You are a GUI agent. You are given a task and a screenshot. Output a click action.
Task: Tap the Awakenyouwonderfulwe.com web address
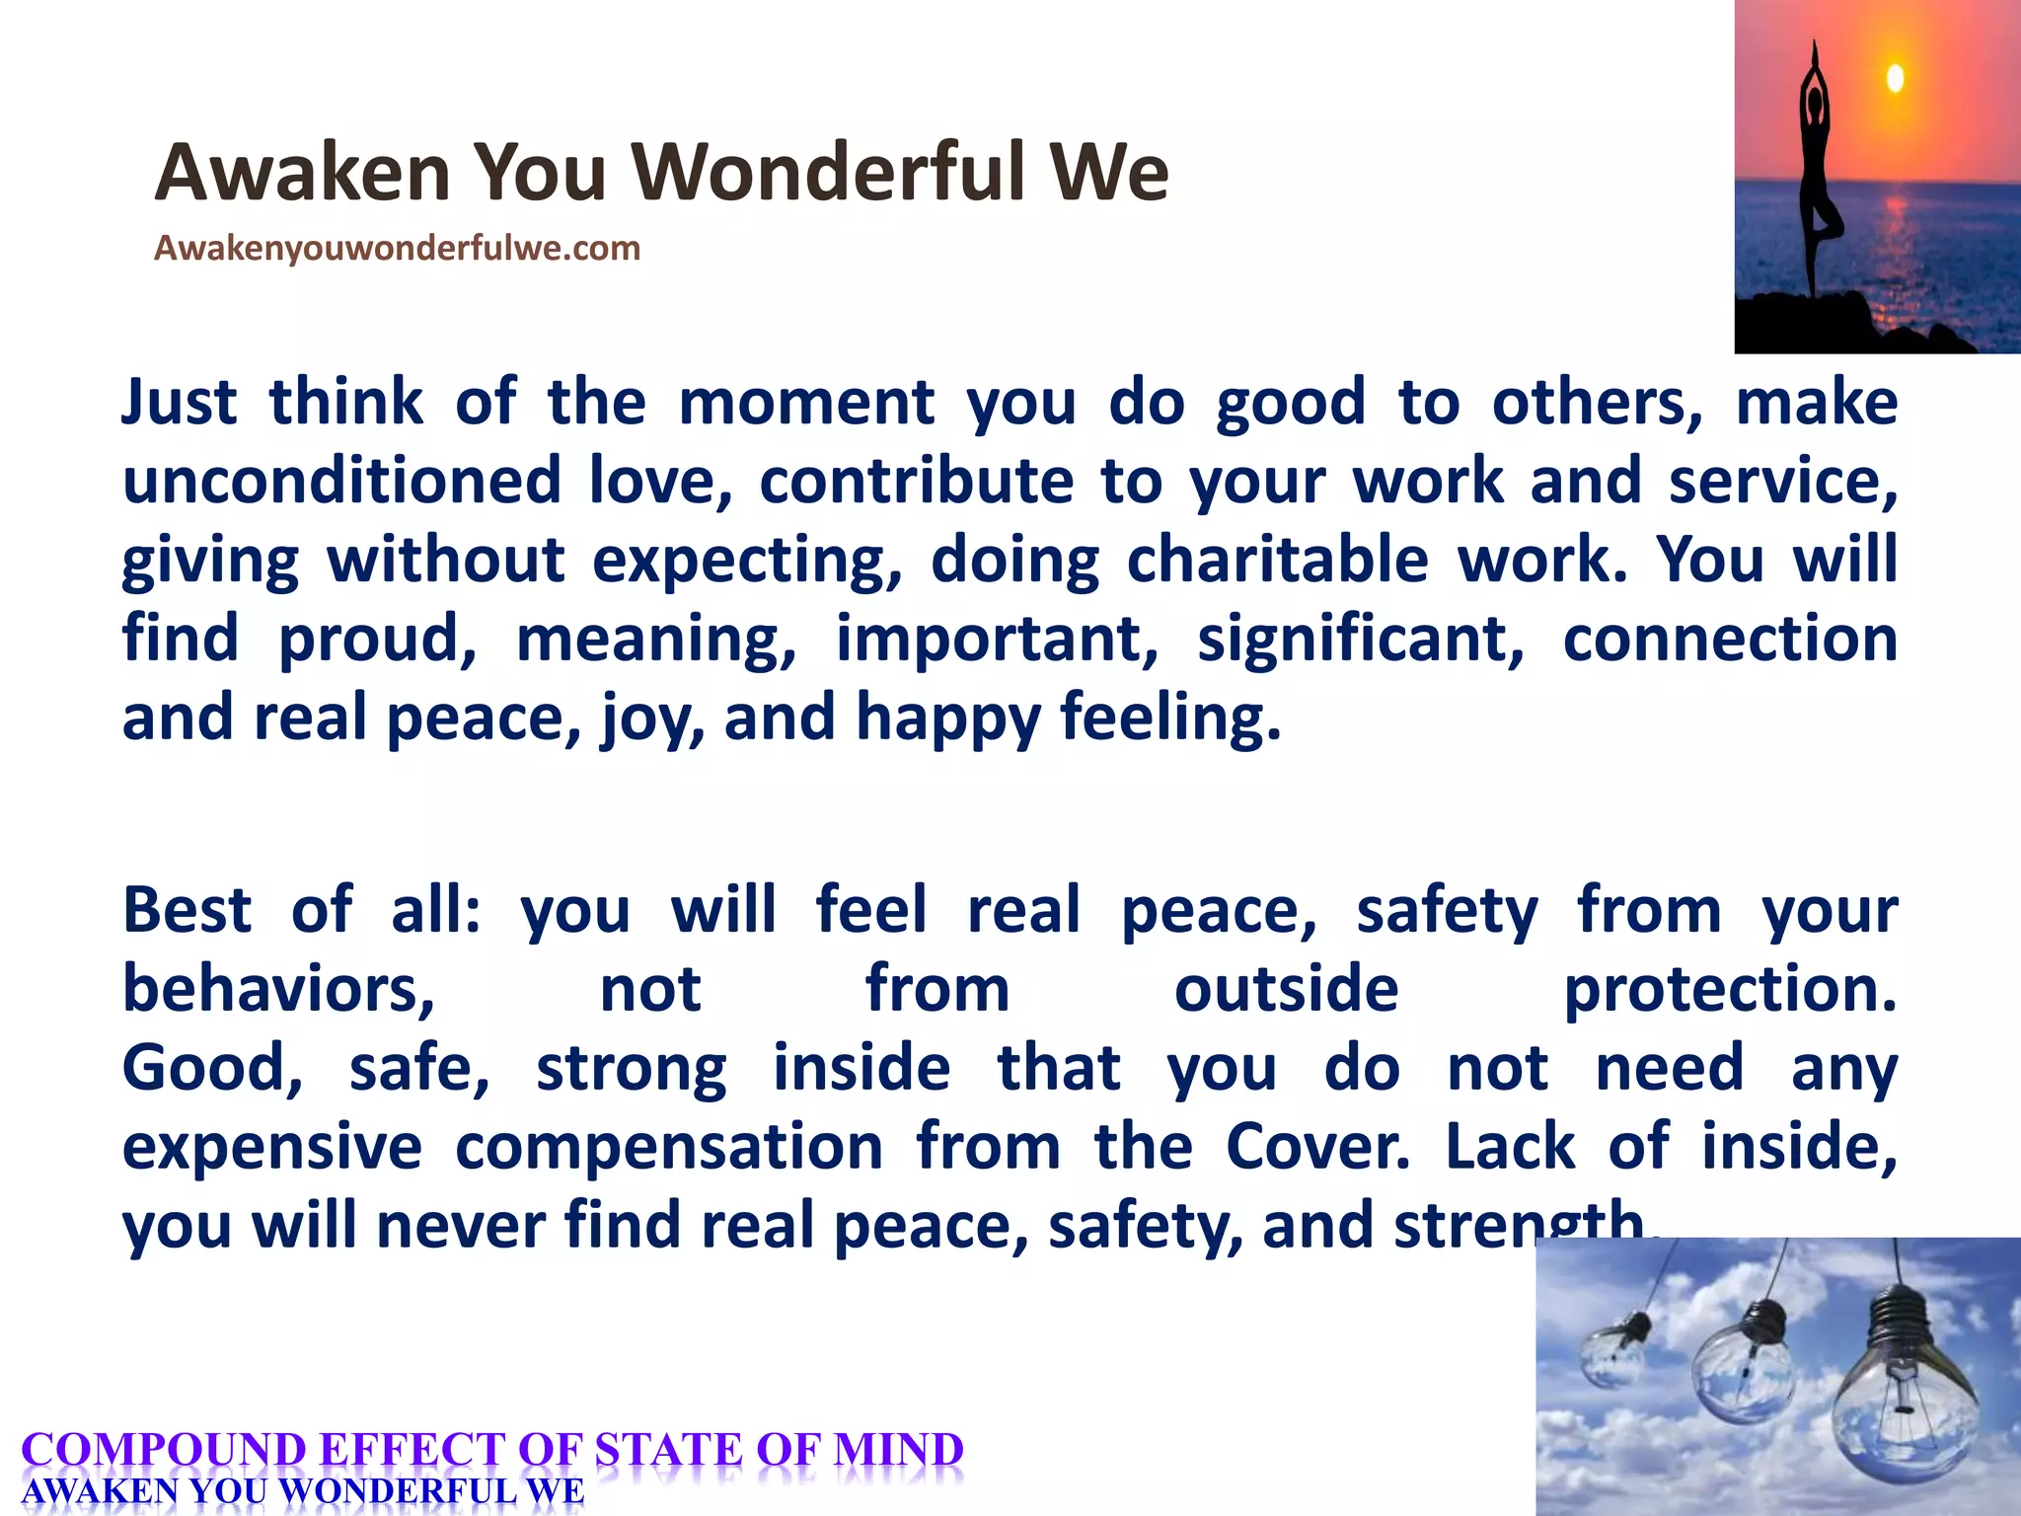coord(397,248)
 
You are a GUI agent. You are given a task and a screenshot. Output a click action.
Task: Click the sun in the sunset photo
coord(1895,78)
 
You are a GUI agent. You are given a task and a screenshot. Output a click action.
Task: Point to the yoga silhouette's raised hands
coord(1814,54)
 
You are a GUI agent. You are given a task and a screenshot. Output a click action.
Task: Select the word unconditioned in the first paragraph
coord(341,482)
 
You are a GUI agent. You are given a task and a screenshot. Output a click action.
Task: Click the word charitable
coord(1277,560)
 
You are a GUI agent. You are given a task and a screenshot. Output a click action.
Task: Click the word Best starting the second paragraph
coord(187,910)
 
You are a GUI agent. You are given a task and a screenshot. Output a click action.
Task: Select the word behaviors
coord(278,989)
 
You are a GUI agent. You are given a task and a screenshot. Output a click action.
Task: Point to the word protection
coord(1730,989)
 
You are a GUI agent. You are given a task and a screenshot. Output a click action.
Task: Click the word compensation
coord(669,1147)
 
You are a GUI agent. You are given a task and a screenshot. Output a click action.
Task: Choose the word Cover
coord(1317,1147)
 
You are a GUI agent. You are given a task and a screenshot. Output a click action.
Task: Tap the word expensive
coord(271,1147)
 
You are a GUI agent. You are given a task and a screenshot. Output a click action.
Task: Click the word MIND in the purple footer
coord(897,1451)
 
